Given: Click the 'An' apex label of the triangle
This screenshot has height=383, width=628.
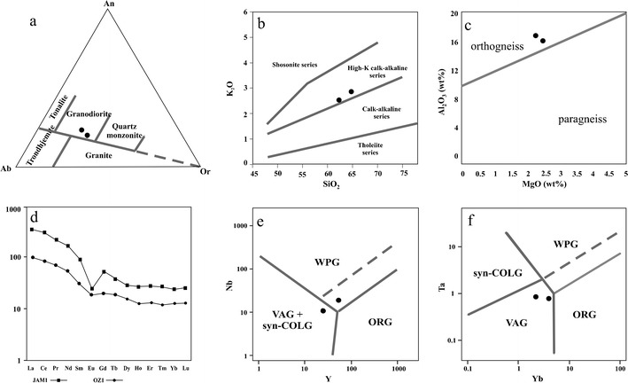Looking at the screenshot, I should click(110, 5).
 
